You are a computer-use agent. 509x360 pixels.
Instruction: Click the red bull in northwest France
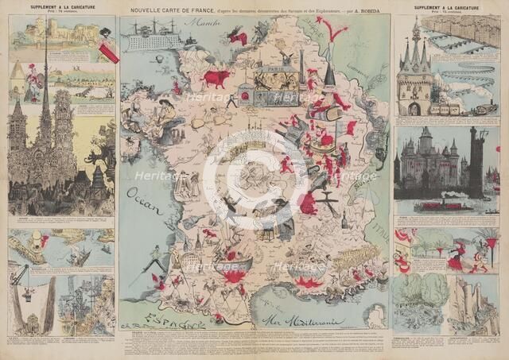pos(215,78)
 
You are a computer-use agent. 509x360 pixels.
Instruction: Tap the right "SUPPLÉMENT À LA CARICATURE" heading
pos(445,6)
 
